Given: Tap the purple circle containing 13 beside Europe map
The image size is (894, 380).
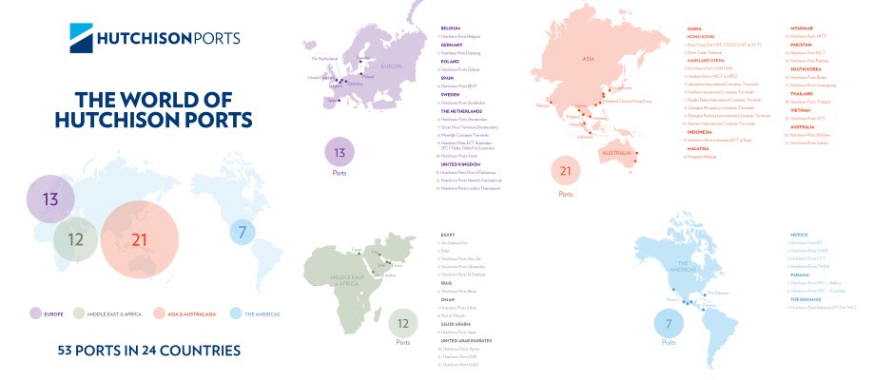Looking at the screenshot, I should pyautogui.click(x=340, y=152).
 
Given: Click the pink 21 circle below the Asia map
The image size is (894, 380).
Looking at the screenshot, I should pyautogui.click(x=567, y=171).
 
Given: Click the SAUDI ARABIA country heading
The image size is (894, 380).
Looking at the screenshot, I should pyautogui.click(x=459, y=323).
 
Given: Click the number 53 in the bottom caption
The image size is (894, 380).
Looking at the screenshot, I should pyautogui.click(x=68, y=351).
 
